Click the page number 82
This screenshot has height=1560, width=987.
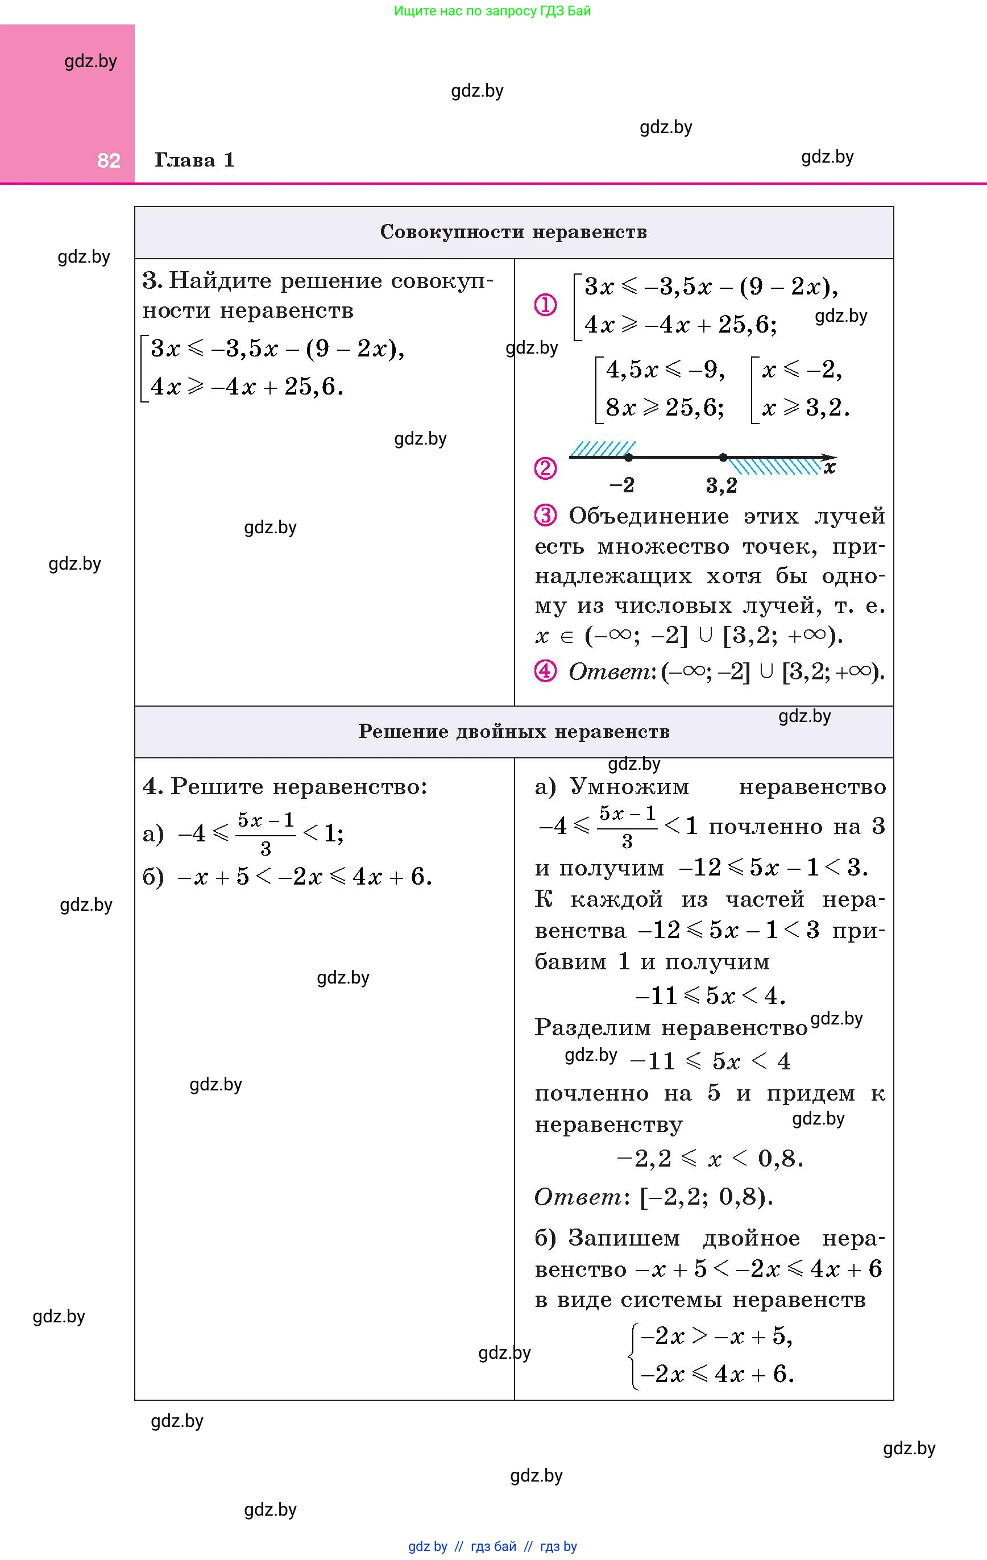click(109, 161)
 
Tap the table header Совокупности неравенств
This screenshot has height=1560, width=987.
click(513, 232)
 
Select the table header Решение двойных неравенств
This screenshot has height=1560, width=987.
click(513, 732)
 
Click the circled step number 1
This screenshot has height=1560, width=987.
click(545, 305)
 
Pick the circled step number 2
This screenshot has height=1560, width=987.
click(545, 468)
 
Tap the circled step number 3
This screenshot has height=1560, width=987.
click(545, 516)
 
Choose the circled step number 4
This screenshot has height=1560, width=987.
click(545, 671)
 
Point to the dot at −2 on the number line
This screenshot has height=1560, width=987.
click(629, 458)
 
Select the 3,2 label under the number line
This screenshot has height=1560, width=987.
click(721, 486)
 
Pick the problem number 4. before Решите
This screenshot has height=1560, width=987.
click(153, 786)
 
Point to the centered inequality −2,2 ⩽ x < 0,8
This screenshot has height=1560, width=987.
click(710, 1158)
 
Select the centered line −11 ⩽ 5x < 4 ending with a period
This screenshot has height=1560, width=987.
click(710, 995)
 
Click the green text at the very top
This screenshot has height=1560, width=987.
click(492, 11)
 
